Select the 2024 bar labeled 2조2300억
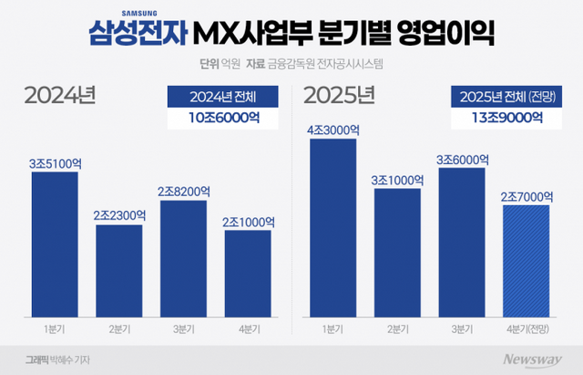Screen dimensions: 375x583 coord(119,268)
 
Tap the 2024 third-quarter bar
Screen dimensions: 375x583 coord(184,255)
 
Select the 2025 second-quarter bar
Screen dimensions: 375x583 coord(397,250)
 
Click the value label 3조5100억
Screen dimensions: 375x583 coord(55,163)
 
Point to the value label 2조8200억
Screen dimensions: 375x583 coord(184,192)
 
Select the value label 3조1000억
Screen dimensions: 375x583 coord(397,180)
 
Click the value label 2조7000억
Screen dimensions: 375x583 coord(526,197)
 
